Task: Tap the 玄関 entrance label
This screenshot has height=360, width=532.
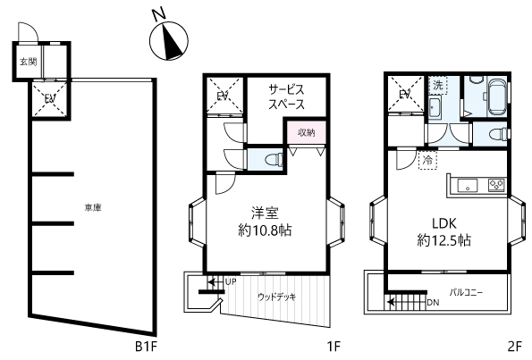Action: pos(28,62)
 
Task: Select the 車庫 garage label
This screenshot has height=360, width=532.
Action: pos(93,207)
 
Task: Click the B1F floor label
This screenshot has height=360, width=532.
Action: pos(147,346)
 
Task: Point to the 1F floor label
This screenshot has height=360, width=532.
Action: pos(333,346)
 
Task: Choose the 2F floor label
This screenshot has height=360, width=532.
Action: pos(514,346)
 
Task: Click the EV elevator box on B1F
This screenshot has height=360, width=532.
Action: pos(50,98)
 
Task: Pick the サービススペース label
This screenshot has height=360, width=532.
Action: pos(286,97)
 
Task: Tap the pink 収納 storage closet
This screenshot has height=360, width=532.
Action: pos(307,132)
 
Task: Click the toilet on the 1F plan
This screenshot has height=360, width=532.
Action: pos(274,159)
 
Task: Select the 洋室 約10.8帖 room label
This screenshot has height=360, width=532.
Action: pos(265,222)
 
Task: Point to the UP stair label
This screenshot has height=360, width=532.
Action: pos(231,281)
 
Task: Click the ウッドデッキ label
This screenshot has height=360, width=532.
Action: pos(277,297)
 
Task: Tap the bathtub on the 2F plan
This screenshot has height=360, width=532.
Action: pos(496,96)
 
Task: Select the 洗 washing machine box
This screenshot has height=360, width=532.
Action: pos(438,85)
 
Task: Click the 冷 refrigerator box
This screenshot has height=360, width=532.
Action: pos(428,160)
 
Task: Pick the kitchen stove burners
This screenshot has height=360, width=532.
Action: pos(496,185)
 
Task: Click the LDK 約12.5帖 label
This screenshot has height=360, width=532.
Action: pos(443,232)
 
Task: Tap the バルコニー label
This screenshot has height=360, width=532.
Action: pos(466,292)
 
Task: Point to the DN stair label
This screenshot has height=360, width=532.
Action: pos(434,302)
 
